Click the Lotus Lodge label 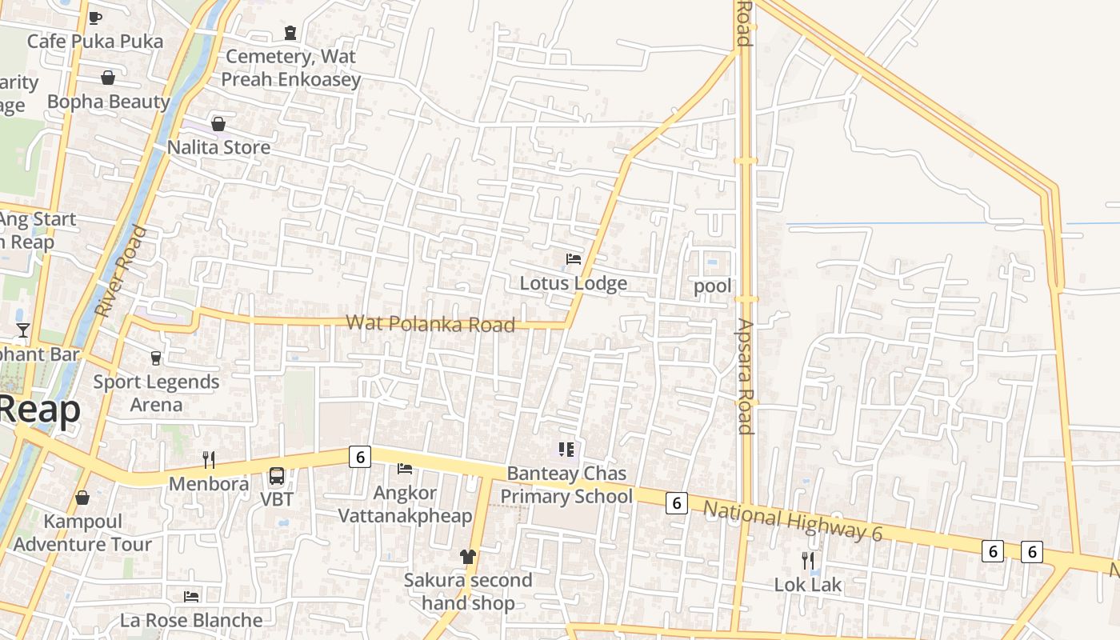pos(573,283)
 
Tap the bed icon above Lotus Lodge pos(574,258)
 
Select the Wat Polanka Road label pos(430,323)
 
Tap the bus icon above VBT pos(277,476)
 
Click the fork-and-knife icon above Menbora pos(209,459)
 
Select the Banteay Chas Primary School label pos(566,486)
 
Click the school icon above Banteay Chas pos(566,450)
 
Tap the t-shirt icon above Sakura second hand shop pos(468,556)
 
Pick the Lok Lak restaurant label pos(808,585)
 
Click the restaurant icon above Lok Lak pos(808,560)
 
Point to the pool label pos(713,286)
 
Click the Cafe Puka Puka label pos(95,41)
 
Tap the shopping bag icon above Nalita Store pos(218,124)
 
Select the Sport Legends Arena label pos(156,393)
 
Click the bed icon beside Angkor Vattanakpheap pos(405,468)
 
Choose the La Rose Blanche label pos(191,620)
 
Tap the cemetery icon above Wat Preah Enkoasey pos(290,33)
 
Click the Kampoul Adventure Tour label pos(82,533)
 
